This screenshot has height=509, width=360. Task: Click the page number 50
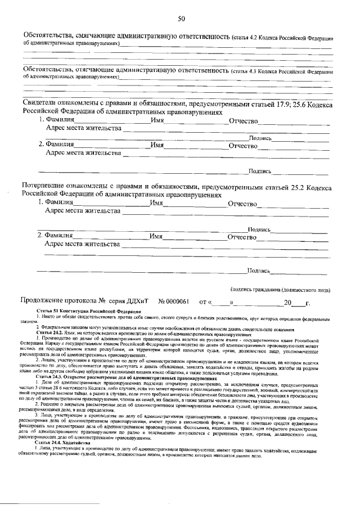click(x=181, y=19)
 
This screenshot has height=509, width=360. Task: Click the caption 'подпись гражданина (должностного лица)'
click(x=280, y=290)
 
